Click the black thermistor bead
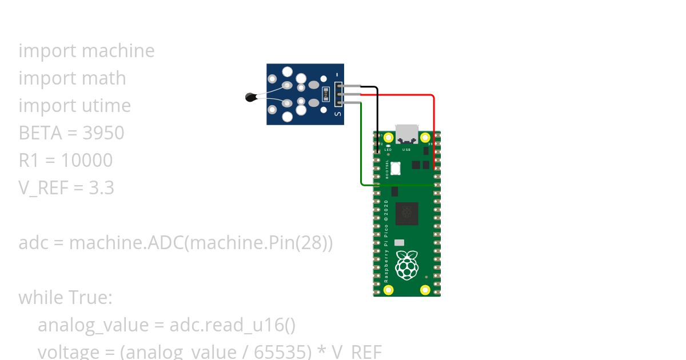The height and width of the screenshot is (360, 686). pyautogui.click(x=250, y=98)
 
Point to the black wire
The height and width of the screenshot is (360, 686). pyautogui.click(x=377, y=114)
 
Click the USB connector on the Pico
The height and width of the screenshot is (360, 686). pyautogui.click(x=406, y=135)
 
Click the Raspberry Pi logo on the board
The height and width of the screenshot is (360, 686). pyautogui.click(x=406, y=265)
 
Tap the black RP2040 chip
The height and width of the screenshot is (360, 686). pyautogui.click(x=406, y=214)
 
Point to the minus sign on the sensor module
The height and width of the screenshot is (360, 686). pyautogui.click(x=338, y=74)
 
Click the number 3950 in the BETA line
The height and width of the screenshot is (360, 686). pyautogui.click(x=103, y=133)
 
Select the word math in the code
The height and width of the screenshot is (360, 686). pyautogui.click(x=102, y=78)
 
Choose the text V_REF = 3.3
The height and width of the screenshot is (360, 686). pyautogui.click(x=66, y=188)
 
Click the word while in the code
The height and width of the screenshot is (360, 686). pyautogui.click(x=41, y=298)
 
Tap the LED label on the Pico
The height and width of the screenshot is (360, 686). pyautogui.click(x=388, y=150)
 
